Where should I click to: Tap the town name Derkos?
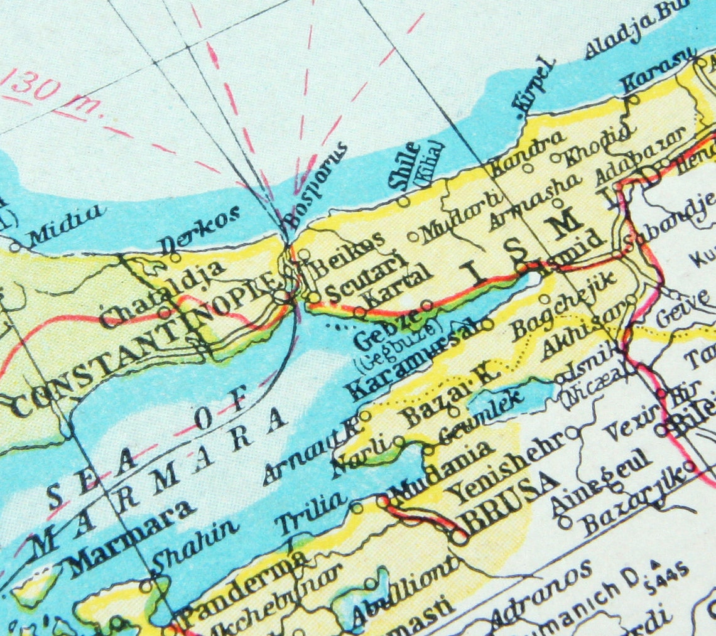pos(199,230)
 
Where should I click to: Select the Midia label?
pos(65,224)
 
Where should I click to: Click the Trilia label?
pos(312,512)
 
